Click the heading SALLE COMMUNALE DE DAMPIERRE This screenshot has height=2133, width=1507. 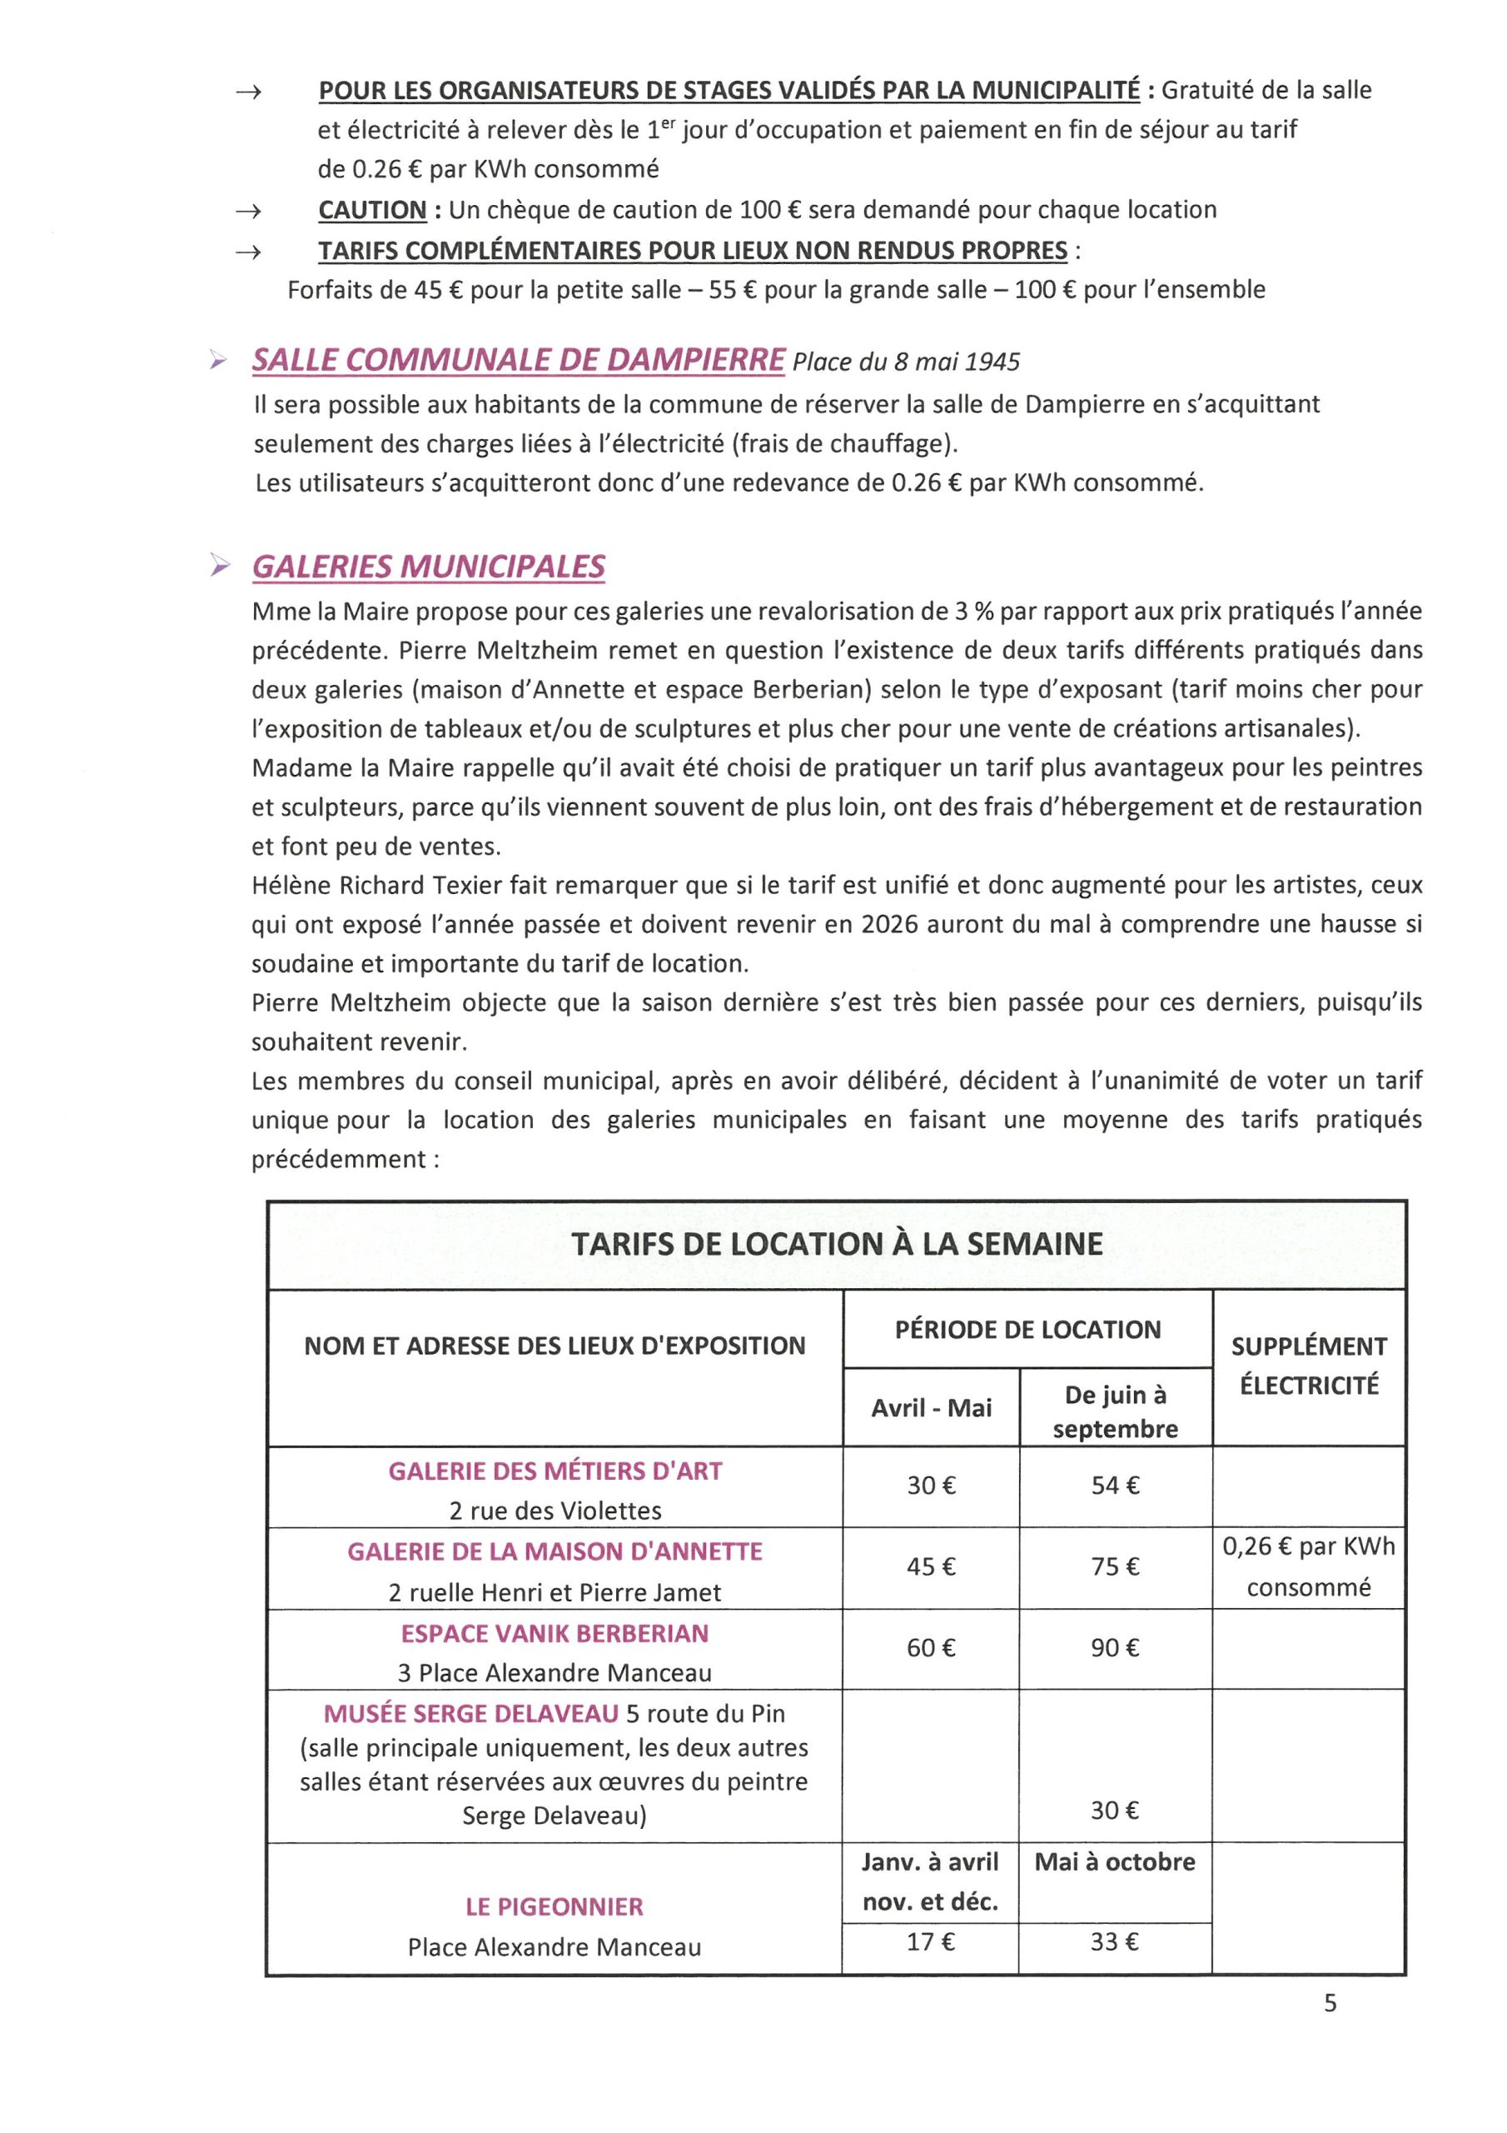[x=518, y=361]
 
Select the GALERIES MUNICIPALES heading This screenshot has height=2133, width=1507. [x=428, y=567]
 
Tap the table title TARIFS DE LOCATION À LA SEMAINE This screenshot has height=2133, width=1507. [x=837, y=1244]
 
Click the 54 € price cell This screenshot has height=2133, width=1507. [x=1115, y=1486]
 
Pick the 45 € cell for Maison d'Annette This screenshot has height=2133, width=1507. [x=930, y=1566]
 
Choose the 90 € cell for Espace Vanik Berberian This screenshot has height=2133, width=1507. [x=1115, y=1648]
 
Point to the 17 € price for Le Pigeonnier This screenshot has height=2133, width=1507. [x=930, y=1941]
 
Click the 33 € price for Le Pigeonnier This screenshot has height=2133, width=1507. [x=1114, y=1941]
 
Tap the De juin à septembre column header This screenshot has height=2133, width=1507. [x=1115, y=1411]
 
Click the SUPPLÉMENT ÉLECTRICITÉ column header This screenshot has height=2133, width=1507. [x=1308, y=1366]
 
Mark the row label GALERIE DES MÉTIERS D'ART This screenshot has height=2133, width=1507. [x=555, y=1471]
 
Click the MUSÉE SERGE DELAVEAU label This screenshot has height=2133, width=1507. [x=470, y=1713]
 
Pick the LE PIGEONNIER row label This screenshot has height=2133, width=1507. [x=555, y=1906]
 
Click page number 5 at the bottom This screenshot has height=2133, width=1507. [x=1330, y=2004]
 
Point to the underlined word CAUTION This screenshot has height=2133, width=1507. [x=372, y=210]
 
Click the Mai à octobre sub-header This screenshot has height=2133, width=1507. [x=1114, y=1861]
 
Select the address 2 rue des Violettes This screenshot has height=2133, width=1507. [x=555, y=1511]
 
